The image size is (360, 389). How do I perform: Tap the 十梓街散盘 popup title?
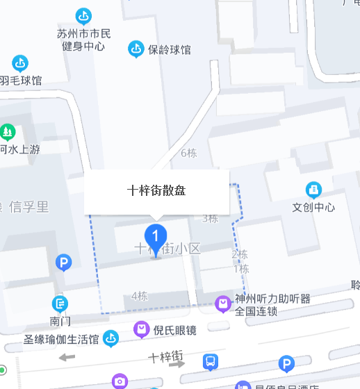tap(156, 190)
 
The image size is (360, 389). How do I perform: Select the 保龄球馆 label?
tap(170, 49)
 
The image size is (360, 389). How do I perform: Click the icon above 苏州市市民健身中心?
tap(83, 15)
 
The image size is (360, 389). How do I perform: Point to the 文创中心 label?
tap(313, 207)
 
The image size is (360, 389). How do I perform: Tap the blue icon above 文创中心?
tap(313, 190)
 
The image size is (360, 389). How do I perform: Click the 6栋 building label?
tap(188, 153)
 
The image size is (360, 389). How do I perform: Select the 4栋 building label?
tap(139, 296)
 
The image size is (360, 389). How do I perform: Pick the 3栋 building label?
tap(210, 218)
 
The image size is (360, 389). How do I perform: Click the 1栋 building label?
tap(241, 269)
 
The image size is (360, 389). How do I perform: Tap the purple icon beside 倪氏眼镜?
tap(142, 329)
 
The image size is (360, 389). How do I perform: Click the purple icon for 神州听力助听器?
tap(223, 303)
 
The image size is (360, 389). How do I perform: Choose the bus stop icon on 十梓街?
tap(210, 361)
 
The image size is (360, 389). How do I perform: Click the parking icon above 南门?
tap(63, 263)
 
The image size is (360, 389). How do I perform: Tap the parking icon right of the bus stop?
tap(286, 363)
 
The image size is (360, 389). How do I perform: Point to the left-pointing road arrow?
tap(67, 358)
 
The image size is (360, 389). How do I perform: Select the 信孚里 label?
tap(28, 206)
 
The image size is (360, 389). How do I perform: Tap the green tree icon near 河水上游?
tap(8, 131)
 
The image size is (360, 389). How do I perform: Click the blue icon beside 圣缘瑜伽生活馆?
tap(111, 339)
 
